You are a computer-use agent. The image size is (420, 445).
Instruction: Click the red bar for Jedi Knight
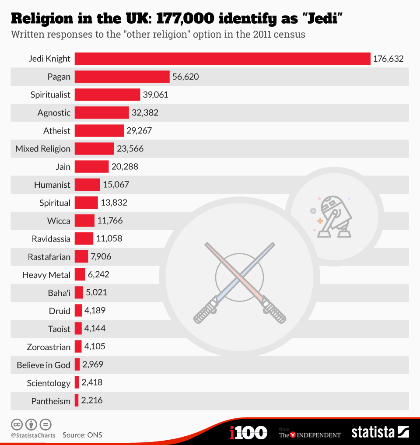tap(222, 59)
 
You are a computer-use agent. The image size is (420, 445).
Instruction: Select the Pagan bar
tap(122, 77)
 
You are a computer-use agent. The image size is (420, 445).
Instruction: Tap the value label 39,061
tap(155, 95)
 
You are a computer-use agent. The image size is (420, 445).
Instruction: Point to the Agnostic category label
tap(54, 113)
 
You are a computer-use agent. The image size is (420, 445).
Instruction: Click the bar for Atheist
tap(99, 130)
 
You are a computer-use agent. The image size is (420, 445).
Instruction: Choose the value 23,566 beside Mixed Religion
tap(130, 149)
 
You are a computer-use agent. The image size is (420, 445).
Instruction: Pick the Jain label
tap(63, 167)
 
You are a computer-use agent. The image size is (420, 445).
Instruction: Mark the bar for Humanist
tap(87, 185)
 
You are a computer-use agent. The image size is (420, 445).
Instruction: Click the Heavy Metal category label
tap(46, 275)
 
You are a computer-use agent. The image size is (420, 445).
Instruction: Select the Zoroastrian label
tap(48, 347)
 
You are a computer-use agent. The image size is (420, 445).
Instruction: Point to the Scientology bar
tap(77, 383)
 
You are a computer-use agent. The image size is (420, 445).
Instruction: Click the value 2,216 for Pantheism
tap(92, 401)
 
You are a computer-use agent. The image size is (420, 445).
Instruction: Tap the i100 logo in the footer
tap(248, 433)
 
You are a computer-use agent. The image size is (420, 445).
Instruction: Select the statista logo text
tap(373, 433)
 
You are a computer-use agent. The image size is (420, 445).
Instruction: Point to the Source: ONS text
tap(82, 435)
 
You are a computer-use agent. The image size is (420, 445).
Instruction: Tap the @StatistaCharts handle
tap(33, 435)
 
